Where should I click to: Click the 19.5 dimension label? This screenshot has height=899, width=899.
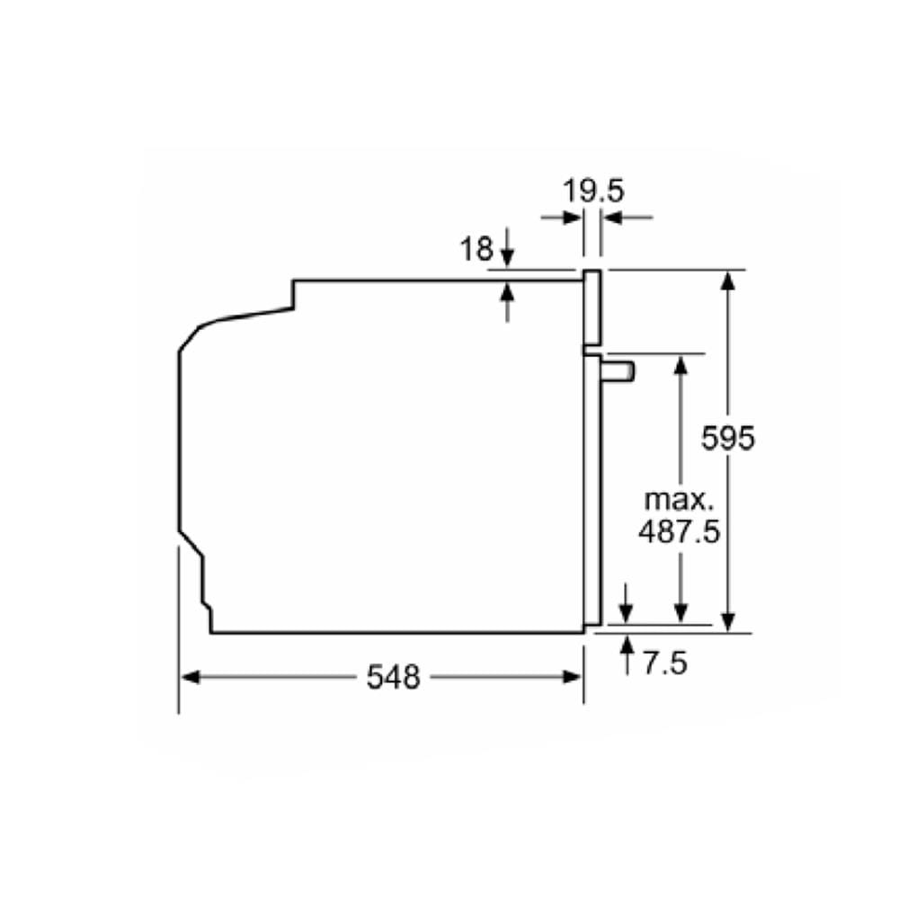592,191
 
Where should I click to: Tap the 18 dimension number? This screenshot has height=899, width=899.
476,249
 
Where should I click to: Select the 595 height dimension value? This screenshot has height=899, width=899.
727,439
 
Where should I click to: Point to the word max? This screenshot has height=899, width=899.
679,500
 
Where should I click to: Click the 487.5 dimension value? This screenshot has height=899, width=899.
679,531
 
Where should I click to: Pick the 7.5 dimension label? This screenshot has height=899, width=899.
665,663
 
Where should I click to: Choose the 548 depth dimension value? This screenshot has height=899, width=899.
394,677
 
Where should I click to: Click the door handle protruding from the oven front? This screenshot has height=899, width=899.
618,371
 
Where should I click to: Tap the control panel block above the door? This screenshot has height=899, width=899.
592,307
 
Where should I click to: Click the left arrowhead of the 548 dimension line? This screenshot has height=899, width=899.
190,677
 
